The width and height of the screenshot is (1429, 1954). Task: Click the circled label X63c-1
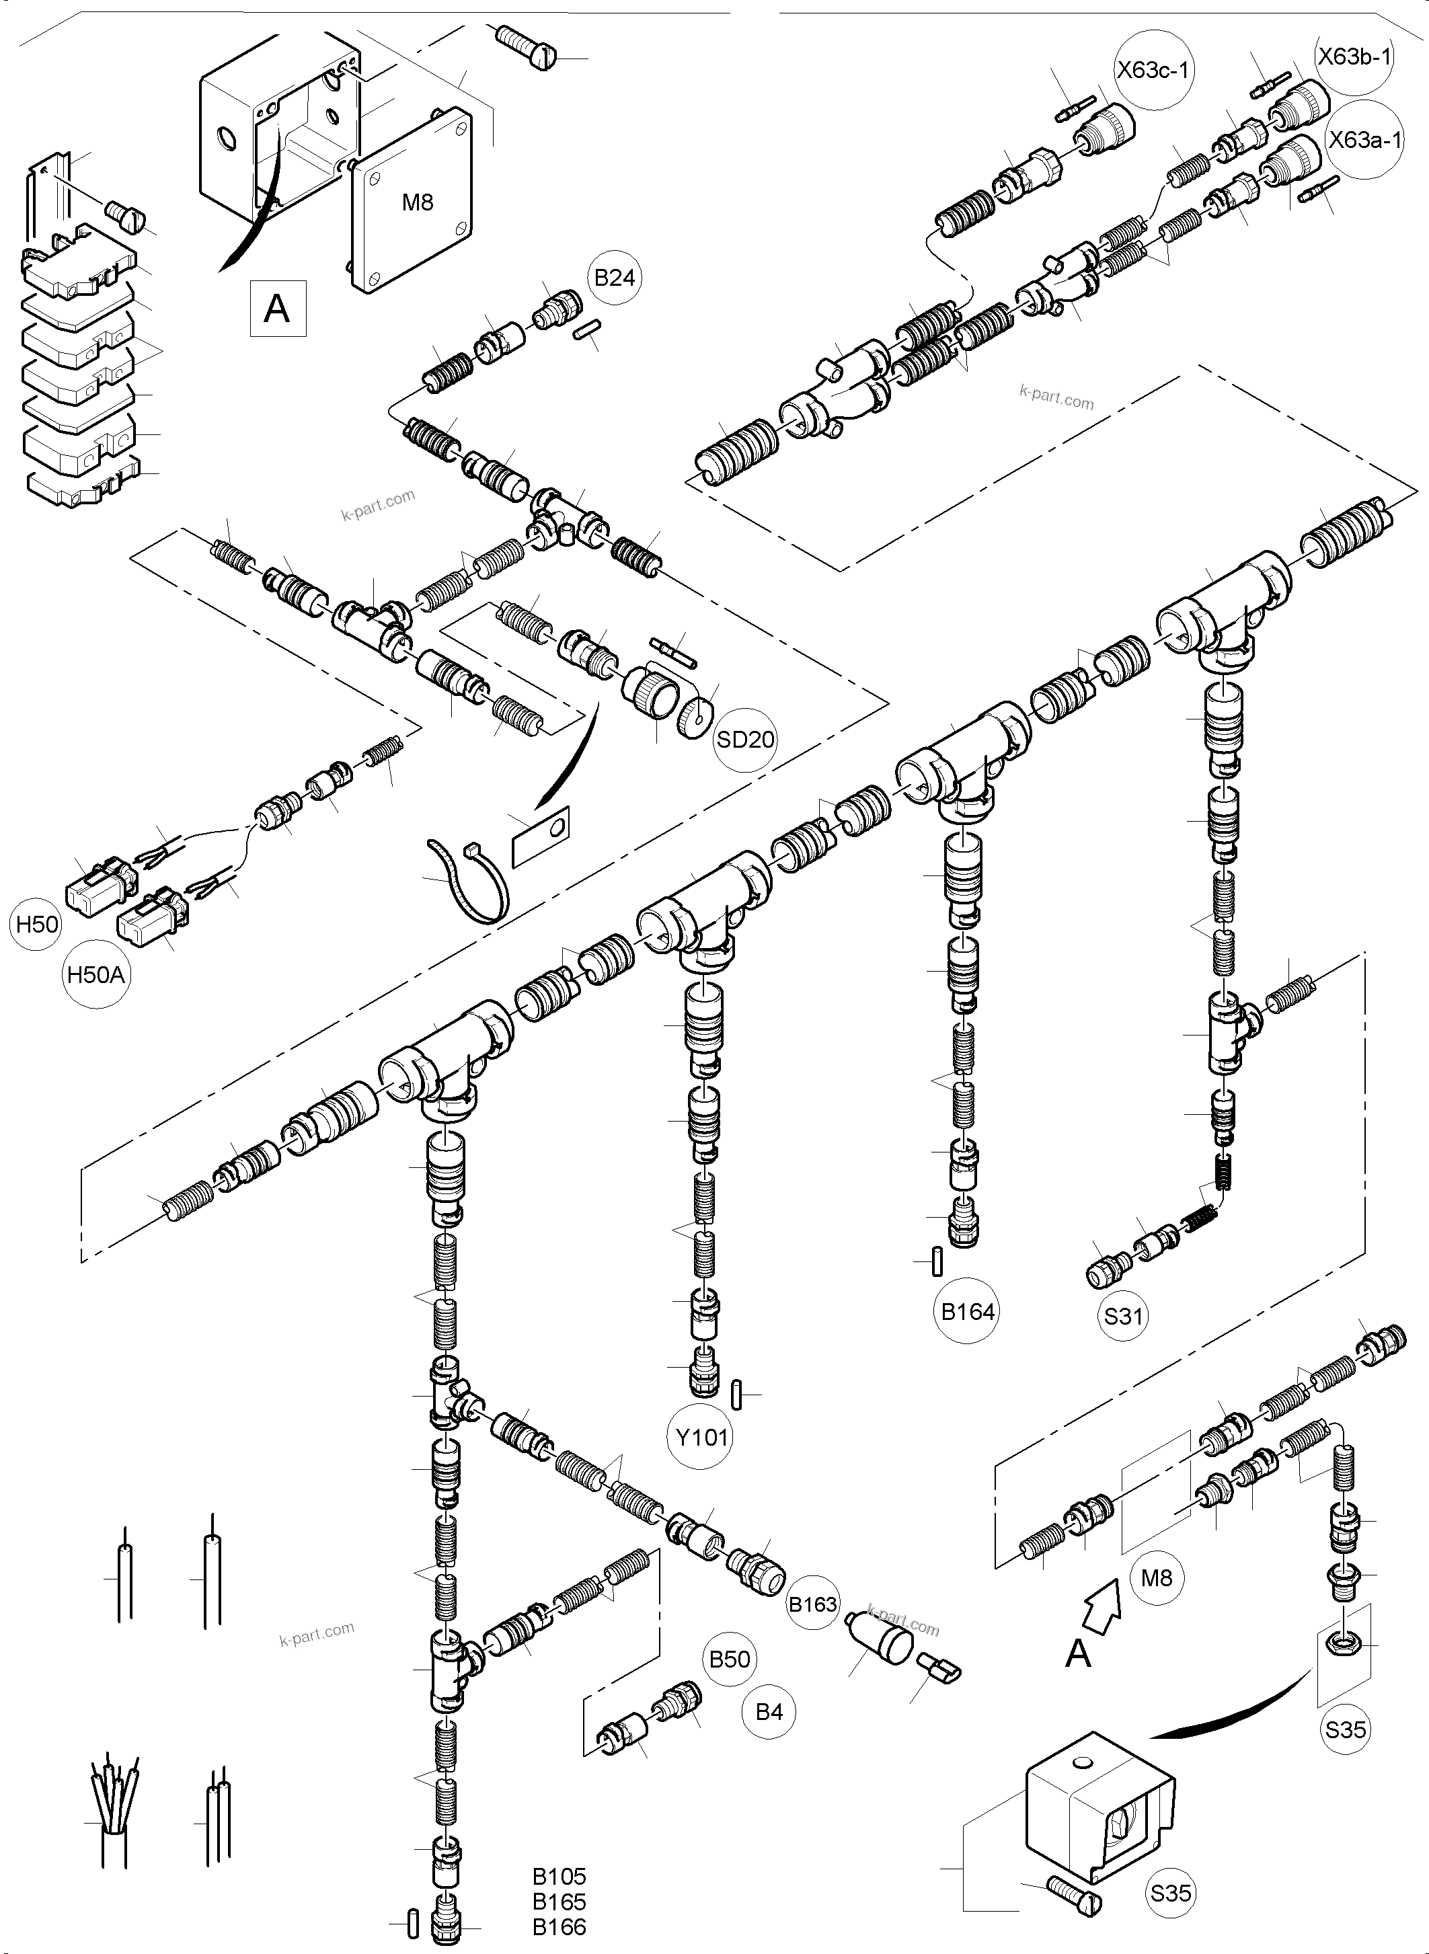pyautogui.click(x=1153, y=69)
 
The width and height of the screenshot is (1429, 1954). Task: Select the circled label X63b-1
pyautogui.click(x=1354, y=57)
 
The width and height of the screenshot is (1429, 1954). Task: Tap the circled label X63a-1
pyautogui.click(x=1364, y=139)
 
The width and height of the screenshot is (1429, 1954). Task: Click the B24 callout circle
pyautogui.click(x=615, y=278)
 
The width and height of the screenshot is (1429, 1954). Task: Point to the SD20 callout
pyautogui.click(x=746, y=740)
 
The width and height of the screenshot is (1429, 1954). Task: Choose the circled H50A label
pyautogui.click(x=96, y=976)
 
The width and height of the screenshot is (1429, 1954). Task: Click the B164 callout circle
pyautogui.click(x=968, y=1311)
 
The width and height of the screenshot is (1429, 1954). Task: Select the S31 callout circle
pyautogui.click(x=1123, y=1317)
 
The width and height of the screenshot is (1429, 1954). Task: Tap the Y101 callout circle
pyautogui.click(x=701, y=1438)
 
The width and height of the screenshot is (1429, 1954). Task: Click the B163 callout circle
pyautogui.click(x=812, y=1604)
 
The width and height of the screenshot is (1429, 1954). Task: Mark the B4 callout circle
pyautogui.click(x=769, y=1712)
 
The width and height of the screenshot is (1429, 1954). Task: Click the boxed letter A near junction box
pyautogui.click(x=278, y=308)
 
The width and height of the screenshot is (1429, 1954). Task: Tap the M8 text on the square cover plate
pyautogui.click(x=417, y=202)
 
